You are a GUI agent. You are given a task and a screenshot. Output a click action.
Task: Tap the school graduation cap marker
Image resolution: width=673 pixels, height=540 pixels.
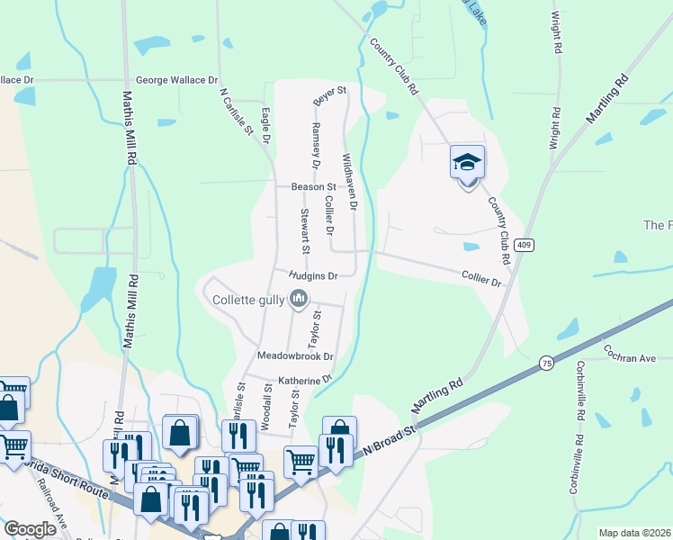[x=467, y=163]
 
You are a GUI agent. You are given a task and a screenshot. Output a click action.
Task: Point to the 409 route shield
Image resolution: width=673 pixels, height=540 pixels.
[x=525, y=244]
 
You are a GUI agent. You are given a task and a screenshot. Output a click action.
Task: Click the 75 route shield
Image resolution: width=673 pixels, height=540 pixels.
[x=546, y=364]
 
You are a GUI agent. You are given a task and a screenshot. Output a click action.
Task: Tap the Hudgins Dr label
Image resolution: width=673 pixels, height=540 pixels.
[x=313, y=275]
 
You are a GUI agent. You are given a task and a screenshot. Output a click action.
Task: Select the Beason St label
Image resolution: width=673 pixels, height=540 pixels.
[x=313, y=187]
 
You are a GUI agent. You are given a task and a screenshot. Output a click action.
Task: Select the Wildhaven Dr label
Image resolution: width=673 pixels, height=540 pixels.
[x=349, y=182]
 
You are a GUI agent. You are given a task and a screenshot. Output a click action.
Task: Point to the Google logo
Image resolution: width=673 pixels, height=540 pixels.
[x=31, y=529]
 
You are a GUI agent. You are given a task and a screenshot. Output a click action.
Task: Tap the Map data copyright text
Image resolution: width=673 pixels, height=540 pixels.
[x=634, y=533]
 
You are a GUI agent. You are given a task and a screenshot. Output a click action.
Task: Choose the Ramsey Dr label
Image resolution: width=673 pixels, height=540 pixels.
[x=316, y=146]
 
